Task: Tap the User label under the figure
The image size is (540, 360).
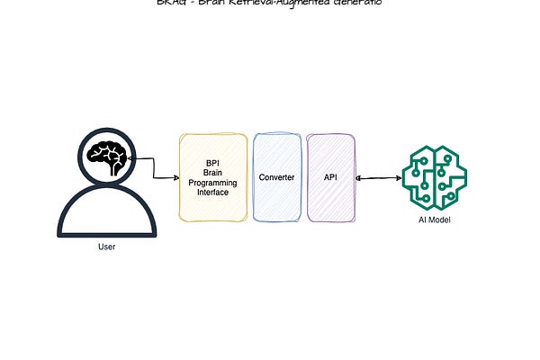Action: click(106, 247)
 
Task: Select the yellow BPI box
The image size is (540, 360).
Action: click(213, 177)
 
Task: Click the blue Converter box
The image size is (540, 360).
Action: click(276, 177)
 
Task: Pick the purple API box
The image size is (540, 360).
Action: click(330, 177)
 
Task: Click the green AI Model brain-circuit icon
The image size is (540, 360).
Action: click(435, 175)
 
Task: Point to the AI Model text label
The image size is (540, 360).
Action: click(435, 220)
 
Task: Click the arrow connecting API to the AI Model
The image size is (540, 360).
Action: click(379, 177)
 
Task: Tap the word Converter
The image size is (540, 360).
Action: click(276, 177)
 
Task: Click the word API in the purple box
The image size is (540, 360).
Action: click(330, 177)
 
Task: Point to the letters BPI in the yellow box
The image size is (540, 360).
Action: click(213, 163)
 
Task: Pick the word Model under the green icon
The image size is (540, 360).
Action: click(440, 220)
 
